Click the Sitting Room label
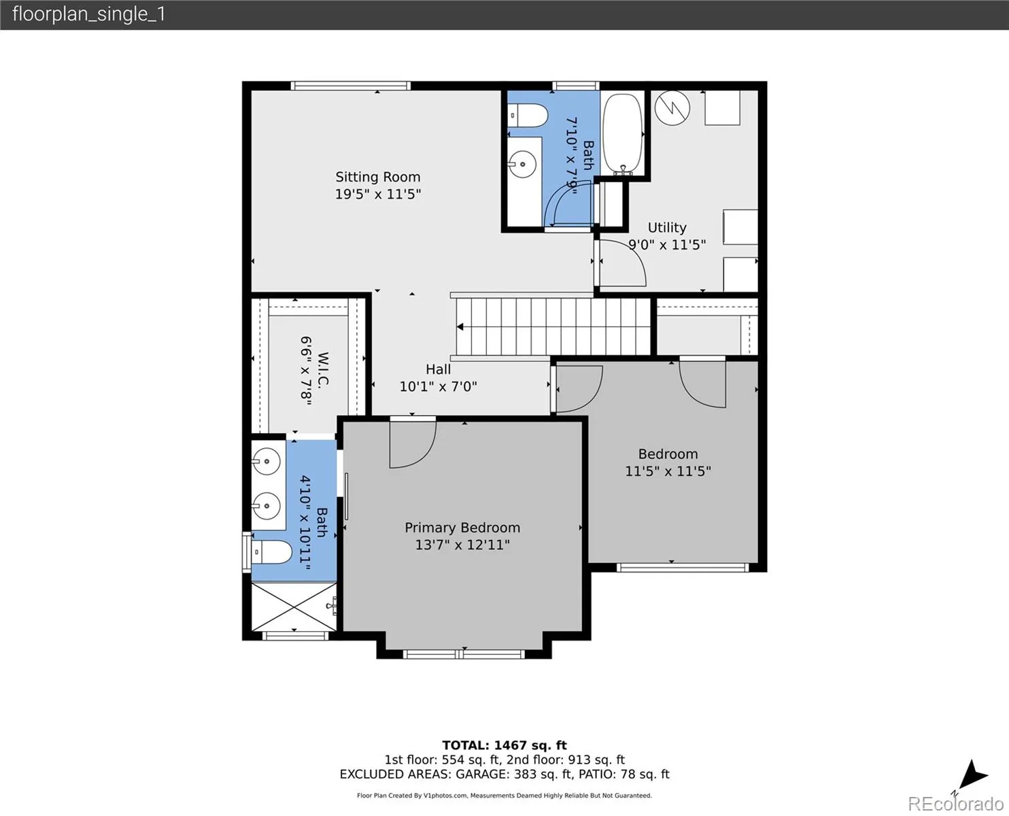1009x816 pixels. coord(378,177)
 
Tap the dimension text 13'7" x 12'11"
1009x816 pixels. coord(462,545)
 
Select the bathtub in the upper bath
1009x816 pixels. coord(622,134)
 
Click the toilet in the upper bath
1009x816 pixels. coord(528,116)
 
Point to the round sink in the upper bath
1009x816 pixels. coord(522,165)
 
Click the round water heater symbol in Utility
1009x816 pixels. coord(672,107)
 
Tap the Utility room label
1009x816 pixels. coord(667,228)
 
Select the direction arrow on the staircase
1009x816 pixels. coord(460,327)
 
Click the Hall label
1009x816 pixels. coord(438,369)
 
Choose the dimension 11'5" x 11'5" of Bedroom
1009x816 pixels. coord(668,471)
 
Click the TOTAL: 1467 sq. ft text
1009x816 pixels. coord(504,745)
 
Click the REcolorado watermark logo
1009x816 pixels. coord(955,804)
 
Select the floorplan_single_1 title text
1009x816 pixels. coord(89,14)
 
